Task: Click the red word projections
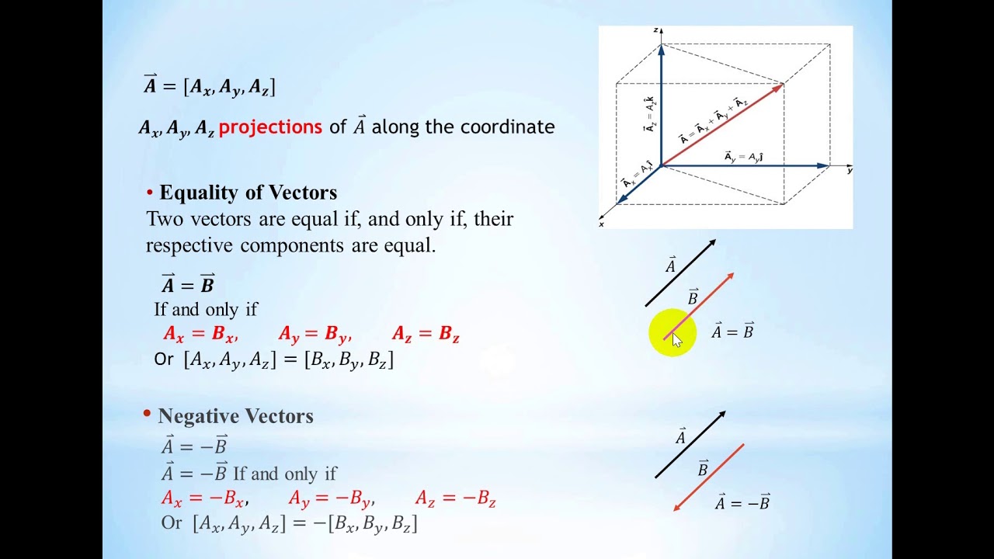click(x=270, y=127)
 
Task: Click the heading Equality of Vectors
click(x=248, y=193)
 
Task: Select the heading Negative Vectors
click(x=235, y=416)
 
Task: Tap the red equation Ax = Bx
click(x=200, y=334)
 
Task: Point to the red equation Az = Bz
click(x=426, y=334)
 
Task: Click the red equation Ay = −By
click(x=331, y=498)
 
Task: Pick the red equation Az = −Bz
click(x=456, y=498)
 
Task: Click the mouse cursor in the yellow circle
click(x=676, y=339)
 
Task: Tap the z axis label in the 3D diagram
click(x=656, y=30)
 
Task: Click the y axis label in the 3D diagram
click(x=850, y=169)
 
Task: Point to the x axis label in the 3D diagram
click(x=602, y=224)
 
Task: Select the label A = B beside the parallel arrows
click(x=732, y=332)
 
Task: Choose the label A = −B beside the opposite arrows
click(x=742, y=503)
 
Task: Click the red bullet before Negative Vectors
click(x=147, y=415)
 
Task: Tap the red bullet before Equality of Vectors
click(x=150, y=193)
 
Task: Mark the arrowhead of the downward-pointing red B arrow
click(x=677, y=507)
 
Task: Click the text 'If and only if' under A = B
click(x=206, y=309)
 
